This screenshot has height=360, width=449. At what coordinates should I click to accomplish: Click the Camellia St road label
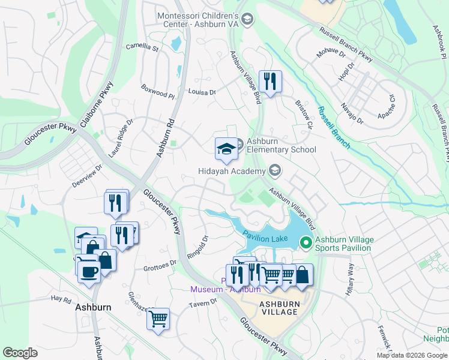[142, 47]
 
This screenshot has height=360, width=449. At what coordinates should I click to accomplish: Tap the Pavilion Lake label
[266, 238]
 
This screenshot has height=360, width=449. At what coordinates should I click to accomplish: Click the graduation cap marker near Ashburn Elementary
[226, 149]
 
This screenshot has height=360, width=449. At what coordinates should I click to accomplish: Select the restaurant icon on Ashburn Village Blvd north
[270, 81]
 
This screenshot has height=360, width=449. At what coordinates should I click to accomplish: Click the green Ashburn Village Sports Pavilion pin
[306, 243]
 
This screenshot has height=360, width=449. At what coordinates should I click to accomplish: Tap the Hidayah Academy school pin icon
[275, 171]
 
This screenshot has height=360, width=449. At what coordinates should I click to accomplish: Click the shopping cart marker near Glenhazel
[158, 319]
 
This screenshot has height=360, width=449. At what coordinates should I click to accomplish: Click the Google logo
[20, 352]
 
